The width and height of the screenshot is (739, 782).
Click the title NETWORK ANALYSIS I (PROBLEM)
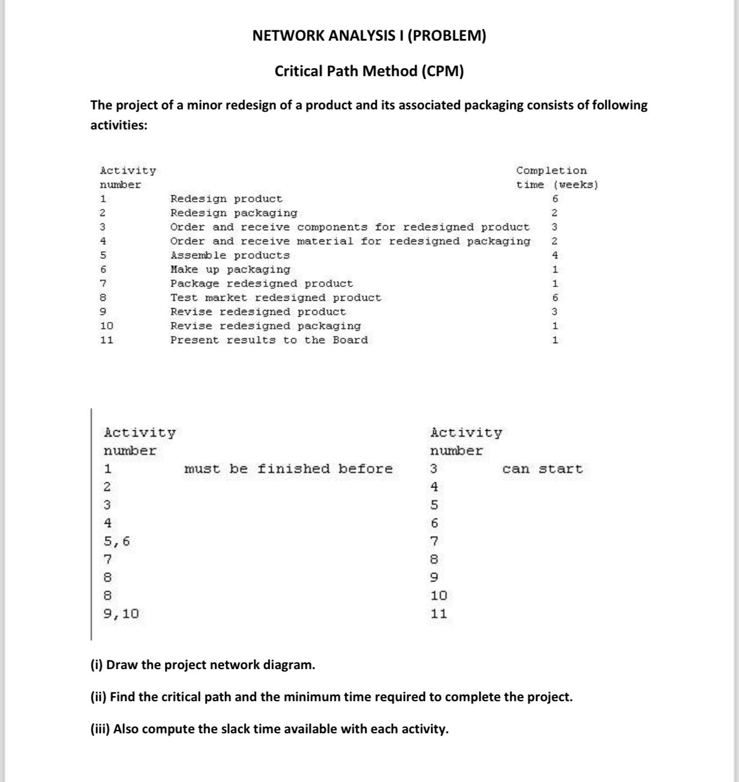[x=369, y=36]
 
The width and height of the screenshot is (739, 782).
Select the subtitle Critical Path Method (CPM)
[x=369, y=71]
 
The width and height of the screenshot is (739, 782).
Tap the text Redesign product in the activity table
[x=226, y=199]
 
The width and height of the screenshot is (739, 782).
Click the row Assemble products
[x=230, y=256]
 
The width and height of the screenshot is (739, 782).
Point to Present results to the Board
[x=269, y=340]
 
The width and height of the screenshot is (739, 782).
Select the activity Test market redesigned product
[x=275, y=298]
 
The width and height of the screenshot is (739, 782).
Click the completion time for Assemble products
[x=555, y=256]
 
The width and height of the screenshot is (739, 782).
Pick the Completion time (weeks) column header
[x=556, y=178]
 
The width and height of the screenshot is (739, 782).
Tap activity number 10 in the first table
[x=107, y=326]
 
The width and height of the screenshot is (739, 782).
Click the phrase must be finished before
[x=288, y=469]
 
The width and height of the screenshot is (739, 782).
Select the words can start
[x=542, y=469]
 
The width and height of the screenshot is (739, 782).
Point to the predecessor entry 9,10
[x=121, y=614]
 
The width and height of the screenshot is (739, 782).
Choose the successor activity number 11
[x=439, y=614]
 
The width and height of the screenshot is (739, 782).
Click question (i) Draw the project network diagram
[x=203, y=665]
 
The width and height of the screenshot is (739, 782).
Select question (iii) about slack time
[x=269, y=729]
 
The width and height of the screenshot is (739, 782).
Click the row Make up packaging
[x=230, y=270]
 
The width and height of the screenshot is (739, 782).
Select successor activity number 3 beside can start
[x=434, y=469]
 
